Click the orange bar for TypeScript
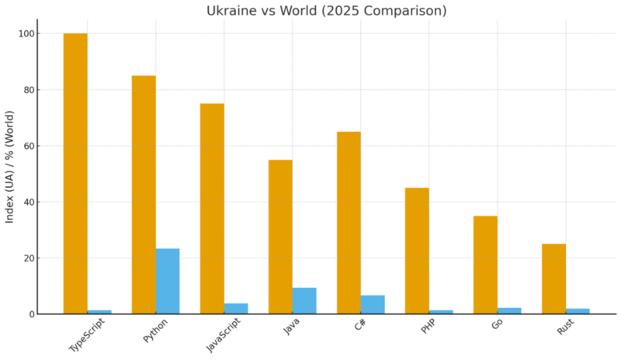pos(75,174)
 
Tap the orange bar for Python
pos(144,195)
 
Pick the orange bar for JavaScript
pos(212,209)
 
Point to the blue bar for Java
pos(304,301)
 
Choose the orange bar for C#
pos(349,223)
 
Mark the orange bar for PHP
pos(417,251)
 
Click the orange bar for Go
pos(485,265)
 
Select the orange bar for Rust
pos(553,279)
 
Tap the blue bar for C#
pos(373,304)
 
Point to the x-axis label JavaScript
pos(223,335)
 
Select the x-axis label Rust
pos(565,327)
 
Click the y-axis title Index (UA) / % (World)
pos(10,174)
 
